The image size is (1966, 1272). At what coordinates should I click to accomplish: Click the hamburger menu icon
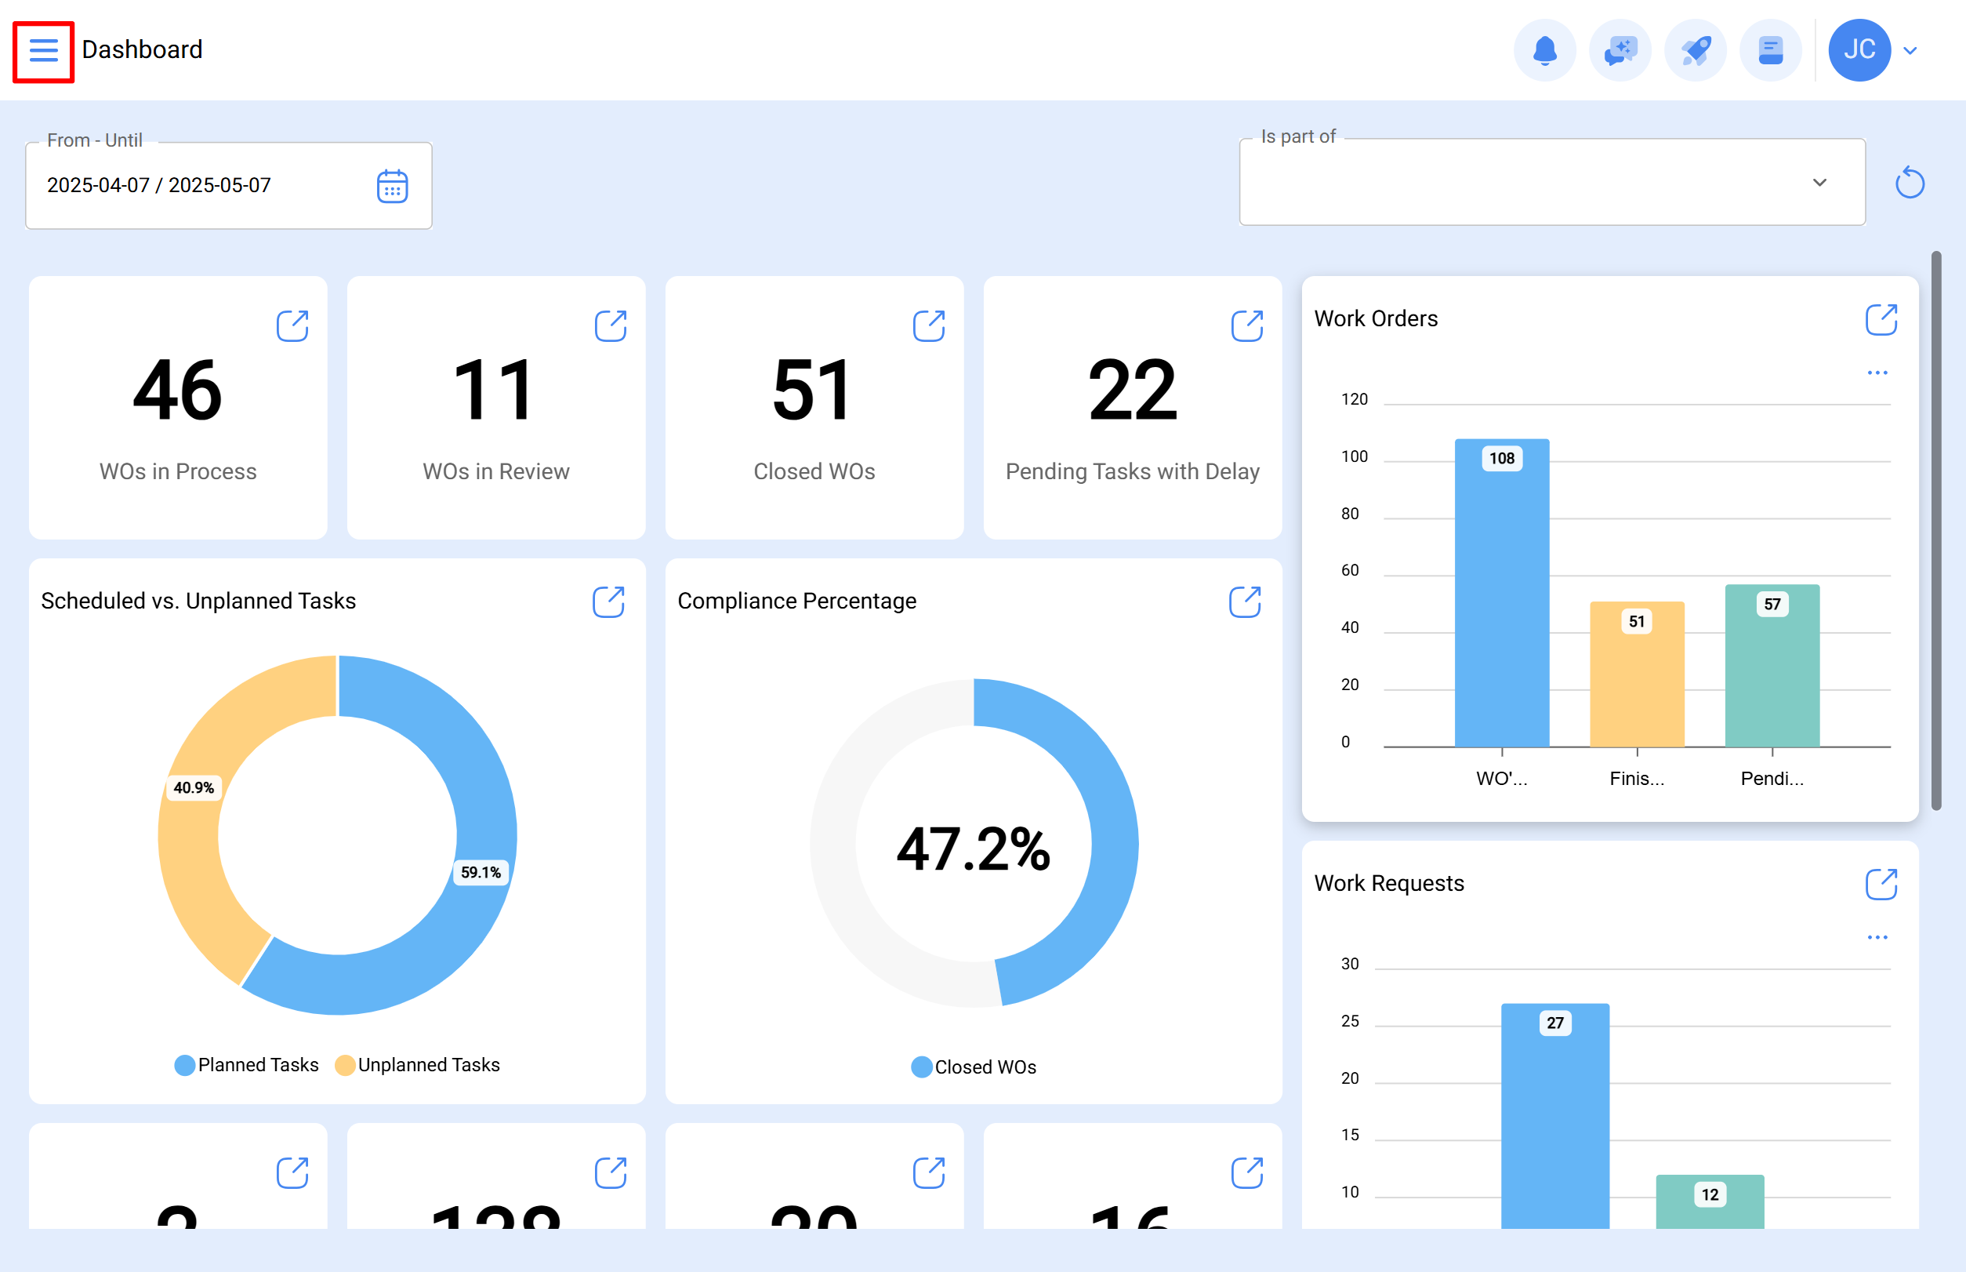[43, 51]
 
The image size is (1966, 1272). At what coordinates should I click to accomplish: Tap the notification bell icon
[1544, 51]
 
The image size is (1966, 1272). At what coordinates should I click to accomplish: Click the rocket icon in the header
[1696, 51]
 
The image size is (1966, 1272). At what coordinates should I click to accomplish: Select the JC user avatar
[1859, 50]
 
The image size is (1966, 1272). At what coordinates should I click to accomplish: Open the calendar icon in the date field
[392, 187]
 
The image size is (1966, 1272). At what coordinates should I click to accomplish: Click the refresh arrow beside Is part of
[1909, 183]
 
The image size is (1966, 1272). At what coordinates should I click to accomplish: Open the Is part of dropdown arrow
[1819, 183]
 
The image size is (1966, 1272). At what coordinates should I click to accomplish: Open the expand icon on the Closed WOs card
[928, 325]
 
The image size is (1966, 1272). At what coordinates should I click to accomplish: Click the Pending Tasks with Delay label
[1132, 471]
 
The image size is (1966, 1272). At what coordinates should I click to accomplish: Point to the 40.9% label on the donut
[193, 788]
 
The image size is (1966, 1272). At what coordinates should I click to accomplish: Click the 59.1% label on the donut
[481, 872]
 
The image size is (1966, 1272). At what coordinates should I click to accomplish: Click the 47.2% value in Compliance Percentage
[973, 849]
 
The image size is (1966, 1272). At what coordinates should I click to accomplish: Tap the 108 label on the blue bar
[1501, 459]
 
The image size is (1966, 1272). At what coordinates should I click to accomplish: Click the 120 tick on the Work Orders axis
[1354, 400]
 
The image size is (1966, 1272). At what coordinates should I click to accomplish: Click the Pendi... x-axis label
[1772, 778]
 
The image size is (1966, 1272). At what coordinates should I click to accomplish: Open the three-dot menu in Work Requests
[1877, 937]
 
